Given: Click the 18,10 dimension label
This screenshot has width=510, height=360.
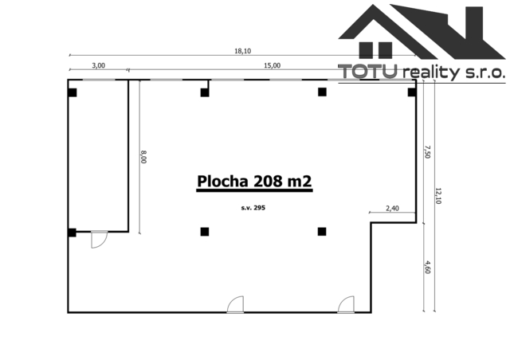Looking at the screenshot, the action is click(242, 51).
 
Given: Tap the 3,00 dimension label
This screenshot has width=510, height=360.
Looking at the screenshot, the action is click(99, 65).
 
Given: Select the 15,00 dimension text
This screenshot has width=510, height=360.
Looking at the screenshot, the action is click(273, 65).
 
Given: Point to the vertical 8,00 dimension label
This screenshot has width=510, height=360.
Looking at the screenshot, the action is click(143, 157).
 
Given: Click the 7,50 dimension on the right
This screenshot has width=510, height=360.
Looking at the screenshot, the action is click(427, 152).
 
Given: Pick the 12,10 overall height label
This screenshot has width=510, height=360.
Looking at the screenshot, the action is click(437, 196).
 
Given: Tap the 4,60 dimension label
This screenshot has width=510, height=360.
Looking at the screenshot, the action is click(427, 267).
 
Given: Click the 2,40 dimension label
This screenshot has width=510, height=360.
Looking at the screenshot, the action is click(392, 208).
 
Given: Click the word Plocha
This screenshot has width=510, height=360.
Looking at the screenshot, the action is click(222, 181).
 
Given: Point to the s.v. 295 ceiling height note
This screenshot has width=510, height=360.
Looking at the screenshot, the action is click(253, 208).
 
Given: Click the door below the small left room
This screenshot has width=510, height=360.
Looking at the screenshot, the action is click(99, 240).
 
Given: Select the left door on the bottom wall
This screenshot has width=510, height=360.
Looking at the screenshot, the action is click(235, 305).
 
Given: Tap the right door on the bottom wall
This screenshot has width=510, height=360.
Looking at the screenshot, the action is click(346, 305).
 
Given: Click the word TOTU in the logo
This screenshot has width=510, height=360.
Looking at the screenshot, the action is click(367, 71).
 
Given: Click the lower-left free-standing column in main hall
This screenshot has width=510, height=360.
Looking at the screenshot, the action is click(205, 232).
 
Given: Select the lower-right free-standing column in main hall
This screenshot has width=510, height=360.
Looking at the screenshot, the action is click(322, 232).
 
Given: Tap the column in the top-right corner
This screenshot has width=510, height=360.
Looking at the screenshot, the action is click(412, 92).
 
